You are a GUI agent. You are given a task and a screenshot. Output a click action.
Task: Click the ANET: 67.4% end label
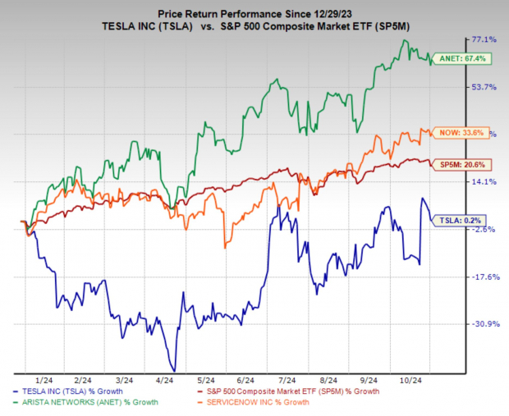pyautogui.click(x=471, y=58)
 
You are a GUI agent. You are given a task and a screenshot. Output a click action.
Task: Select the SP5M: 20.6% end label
pyautogui.click(x=472, y=164)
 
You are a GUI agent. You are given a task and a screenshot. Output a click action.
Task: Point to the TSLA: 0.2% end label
pyautogui.click(x=472, y=219)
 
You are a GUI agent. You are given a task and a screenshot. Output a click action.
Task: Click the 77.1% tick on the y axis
pyautogui.click(x=484, y=39)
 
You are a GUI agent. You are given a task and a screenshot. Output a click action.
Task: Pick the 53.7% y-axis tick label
pyautogui.click(x=484, y=87)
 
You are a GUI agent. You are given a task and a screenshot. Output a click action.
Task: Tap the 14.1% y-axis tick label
pyautogui.click(x=484, y=182)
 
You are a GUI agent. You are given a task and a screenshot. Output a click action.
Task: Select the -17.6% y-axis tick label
pyautogui.click(x=484, y=277)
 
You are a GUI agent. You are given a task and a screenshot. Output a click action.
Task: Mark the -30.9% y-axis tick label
pyautogui.click(x=484, y=323)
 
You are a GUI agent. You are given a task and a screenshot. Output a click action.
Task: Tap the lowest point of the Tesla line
pyautogui.click(x=173, y=370)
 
